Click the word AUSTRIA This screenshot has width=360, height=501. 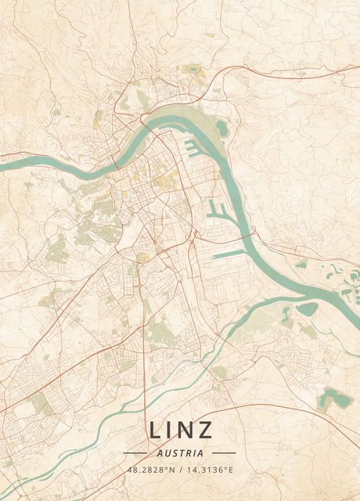coord(180,452)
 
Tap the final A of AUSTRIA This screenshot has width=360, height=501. coord(201,452)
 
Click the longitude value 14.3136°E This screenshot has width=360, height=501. coord(208,470)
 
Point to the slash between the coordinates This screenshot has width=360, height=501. coord(180,470)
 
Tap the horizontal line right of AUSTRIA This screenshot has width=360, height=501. coord(224,452)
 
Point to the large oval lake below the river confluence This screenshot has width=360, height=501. coord(307,309)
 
